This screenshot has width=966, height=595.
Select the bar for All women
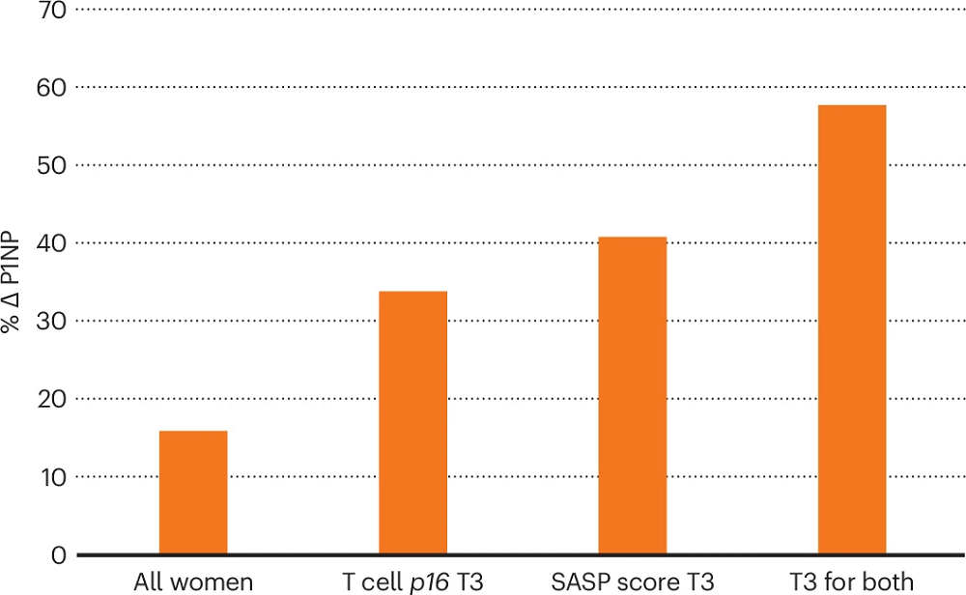point(193,493)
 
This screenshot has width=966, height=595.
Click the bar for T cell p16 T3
point(412,423)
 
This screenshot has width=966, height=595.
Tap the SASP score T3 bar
point(632,396)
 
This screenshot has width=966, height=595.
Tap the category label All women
point(193,582)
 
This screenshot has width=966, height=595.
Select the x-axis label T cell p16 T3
point(412,582)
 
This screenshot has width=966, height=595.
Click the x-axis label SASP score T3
point(632,582)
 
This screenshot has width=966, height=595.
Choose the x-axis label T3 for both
point(851,582)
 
